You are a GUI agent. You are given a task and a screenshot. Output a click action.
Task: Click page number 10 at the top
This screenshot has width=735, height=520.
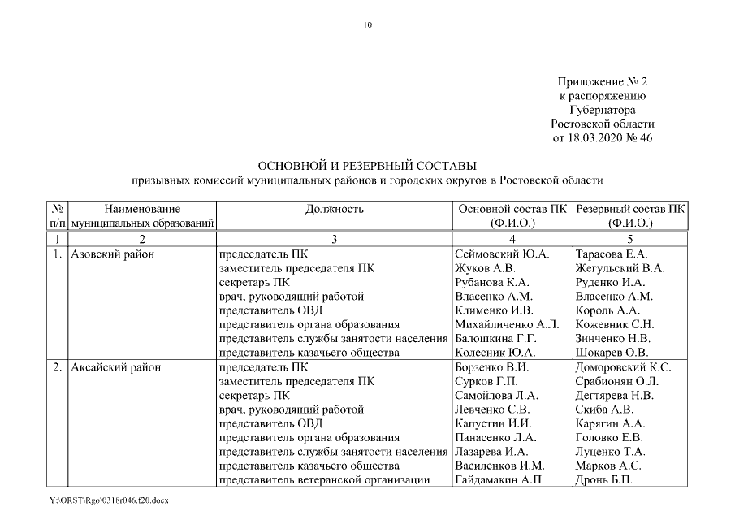coord(367,25)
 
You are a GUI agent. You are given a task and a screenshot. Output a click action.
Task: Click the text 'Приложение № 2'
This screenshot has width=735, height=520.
coord(603,82)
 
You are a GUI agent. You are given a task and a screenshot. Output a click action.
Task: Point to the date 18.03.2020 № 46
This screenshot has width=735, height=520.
coord(603,137)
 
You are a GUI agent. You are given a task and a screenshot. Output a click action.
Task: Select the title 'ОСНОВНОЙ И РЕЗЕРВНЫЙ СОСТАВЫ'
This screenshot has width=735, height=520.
coord(367,166)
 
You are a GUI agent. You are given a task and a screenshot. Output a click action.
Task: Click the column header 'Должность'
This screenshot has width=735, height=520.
coord(334,209)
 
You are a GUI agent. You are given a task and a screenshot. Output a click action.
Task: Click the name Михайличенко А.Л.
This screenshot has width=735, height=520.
coord(508,324)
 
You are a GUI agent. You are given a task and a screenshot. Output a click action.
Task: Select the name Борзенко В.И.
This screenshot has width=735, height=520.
coord(493,367)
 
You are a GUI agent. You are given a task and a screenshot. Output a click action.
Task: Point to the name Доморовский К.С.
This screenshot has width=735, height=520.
coord(622,367)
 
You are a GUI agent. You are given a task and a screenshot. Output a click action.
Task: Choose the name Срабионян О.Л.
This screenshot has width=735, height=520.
coord(616,381)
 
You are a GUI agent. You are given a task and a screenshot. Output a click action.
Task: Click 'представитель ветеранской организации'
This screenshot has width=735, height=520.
coord(325,479)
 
